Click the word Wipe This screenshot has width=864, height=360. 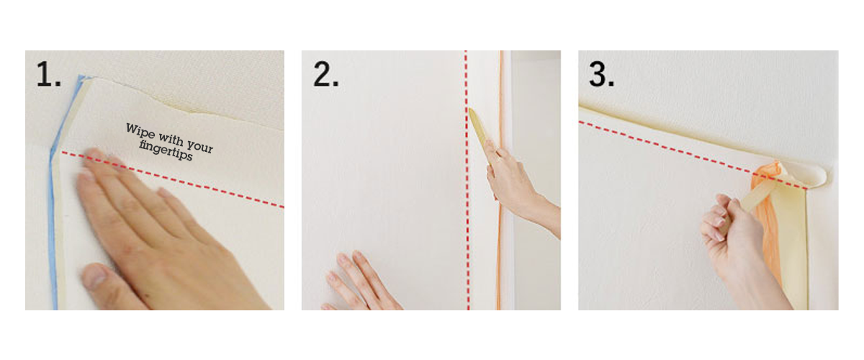point(140,131)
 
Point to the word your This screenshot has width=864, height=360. point(200,146)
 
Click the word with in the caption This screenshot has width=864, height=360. point(171,138)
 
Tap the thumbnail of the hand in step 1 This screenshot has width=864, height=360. point(94,277)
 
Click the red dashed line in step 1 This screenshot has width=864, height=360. point(172,179)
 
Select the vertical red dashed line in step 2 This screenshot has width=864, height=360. point(467,180)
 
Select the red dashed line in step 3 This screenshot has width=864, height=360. point(693,156)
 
